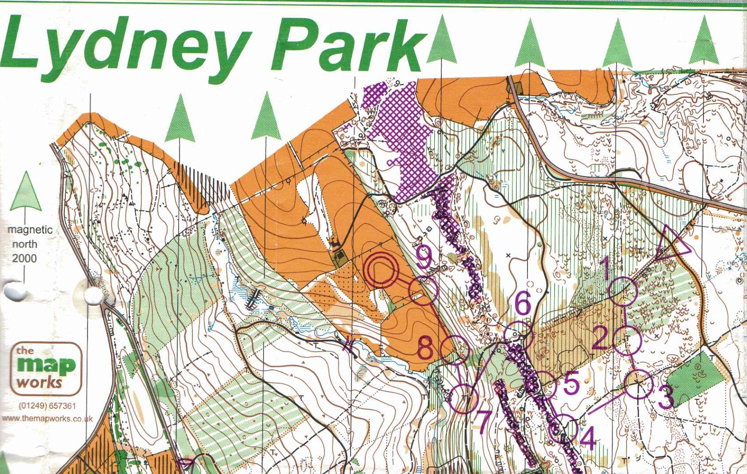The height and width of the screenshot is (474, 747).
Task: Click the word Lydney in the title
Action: pyautogui.click(x=124, y=47)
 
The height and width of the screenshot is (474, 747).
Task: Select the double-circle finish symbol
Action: pyautogui.click(x=381, y=270)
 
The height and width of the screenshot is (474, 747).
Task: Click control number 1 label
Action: pyautogui.click(x=605, y=267)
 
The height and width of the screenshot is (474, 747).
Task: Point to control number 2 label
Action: pyautogui.click(x=600, y=338)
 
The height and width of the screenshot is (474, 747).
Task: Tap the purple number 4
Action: pyautogui.click(x=588, y=438)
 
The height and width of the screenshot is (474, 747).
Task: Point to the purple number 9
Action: pyautogui.click(x=423, y=257)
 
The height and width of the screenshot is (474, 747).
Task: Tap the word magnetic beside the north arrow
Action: pyautogui.click(x=30, y=230)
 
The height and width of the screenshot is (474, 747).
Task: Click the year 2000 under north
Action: pyautogui.click(x=24, y=258)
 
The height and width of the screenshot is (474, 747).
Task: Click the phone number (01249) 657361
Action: pyautogui.click(x=47, y=406)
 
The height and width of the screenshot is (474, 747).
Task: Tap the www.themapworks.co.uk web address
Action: pyautogui.click(x=47, y=419)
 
